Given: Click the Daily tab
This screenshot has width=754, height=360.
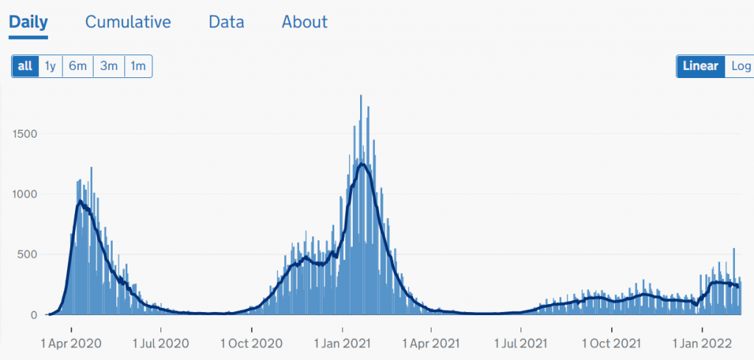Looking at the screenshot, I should pyautogui.click(x=29, y=22).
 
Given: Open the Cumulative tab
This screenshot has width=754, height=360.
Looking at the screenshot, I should pyautogui.click(x=128, y=22).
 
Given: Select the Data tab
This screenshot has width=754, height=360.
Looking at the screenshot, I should pyautogui.click(x=226, y=22).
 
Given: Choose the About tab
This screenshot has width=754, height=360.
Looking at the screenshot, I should pyautogui.click(x=305, y=22).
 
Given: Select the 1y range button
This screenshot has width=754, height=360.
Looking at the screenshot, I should pyautogui.click(x=50, y=66).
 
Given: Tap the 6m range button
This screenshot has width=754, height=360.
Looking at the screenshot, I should pyautogui.click(x=77, y=66).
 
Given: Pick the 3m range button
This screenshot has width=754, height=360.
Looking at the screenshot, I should pyautogui.click(x=109, y=66).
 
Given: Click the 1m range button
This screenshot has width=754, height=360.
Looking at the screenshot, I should pyautogui.click(x=138, y=66).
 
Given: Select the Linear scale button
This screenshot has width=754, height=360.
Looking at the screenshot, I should pyautogui.click(x=700, y=66).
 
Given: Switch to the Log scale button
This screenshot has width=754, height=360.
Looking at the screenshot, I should pyautogui.click(x=740, y=66).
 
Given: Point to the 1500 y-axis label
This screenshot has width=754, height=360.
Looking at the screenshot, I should pyautogui.click(x=25, y=134).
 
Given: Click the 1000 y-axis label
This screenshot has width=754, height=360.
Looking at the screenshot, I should pyautogui.click(x=25, y=194).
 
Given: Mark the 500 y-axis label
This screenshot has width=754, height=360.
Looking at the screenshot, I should pyautogui.click(x=28, y=255).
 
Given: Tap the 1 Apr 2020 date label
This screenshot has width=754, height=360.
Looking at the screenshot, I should pyautogui.click(x=71, y=343).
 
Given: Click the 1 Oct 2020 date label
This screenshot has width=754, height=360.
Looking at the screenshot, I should pyautogui.click(x=251, y=343).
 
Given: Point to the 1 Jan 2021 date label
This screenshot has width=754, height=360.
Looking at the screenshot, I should pyautogui.click(x=342, y=343).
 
